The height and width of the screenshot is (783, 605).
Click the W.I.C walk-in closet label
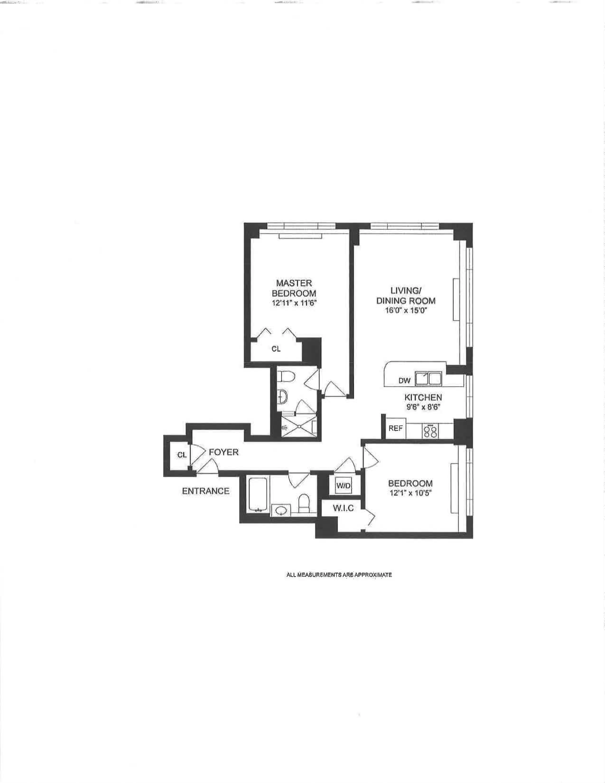(343, 508)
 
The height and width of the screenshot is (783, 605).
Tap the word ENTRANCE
(206, 491)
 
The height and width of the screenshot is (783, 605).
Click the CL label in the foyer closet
(182, 455)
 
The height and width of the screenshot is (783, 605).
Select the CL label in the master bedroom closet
(276, 349)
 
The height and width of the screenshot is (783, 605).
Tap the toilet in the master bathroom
(287, 377)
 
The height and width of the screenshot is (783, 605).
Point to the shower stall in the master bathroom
(297, 427)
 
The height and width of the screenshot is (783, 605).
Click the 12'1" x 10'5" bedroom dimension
(410, 493)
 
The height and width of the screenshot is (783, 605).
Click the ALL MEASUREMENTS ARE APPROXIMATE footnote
(339, 575)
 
